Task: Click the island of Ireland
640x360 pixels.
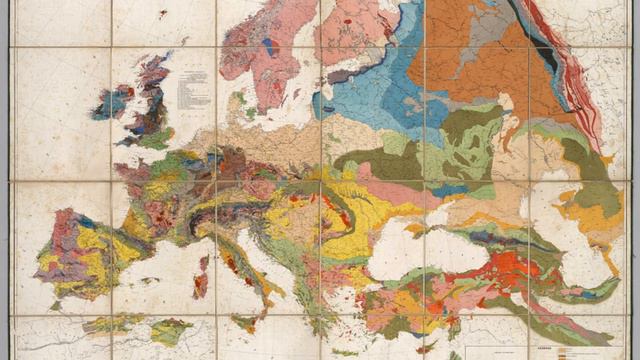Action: pos(112,103)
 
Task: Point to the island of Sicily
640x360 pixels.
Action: pos(244,323)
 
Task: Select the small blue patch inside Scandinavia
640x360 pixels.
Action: pos(268,47)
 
